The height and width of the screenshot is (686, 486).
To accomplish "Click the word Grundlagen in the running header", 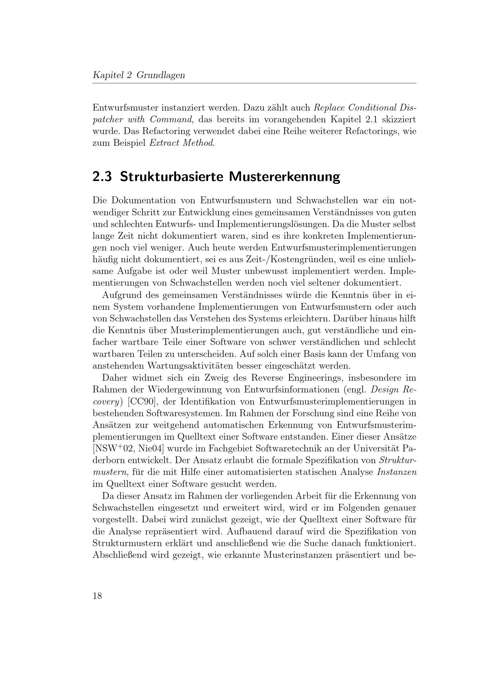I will [161, 75].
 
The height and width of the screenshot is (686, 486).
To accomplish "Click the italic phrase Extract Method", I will [182, 143].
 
